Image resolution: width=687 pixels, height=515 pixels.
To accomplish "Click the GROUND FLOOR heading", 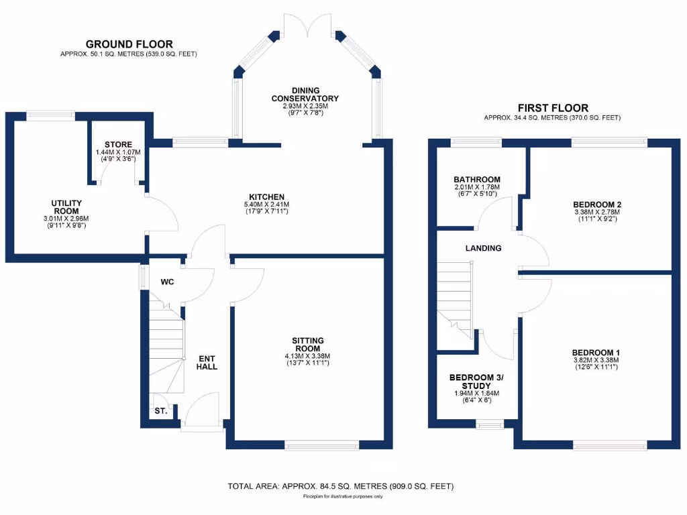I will coord(129,44).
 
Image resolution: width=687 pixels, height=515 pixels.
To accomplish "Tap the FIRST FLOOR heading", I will coord(553,108).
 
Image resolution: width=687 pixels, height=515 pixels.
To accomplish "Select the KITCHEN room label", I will coord(269,196).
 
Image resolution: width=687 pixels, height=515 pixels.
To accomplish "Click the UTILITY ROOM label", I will coord(67,207).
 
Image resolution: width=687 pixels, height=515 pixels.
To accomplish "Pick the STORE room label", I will coord(118,144).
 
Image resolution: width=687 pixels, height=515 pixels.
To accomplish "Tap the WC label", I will coord(167,282).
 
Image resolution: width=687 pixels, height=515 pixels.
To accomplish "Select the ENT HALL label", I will coord(207,361).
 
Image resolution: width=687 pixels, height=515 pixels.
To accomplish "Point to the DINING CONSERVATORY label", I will coord(305,95).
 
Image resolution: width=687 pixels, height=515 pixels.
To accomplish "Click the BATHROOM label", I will coord(477,179).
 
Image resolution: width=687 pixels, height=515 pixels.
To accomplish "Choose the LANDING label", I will coord(484,248).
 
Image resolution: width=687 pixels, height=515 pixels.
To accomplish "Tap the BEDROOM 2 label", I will coord(597,205).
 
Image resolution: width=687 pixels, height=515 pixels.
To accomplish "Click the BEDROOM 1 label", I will coord(596,353).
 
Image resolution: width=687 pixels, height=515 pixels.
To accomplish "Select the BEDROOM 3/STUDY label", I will coord(476,381).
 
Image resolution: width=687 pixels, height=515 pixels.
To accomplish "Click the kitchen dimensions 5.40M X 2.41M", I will coord(269,205).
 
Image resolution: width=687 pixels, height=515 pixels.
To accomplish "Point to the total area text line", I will coord(341,485).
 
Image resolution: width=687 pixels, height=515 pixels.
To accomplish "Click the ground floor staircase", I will coord(166,349).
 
